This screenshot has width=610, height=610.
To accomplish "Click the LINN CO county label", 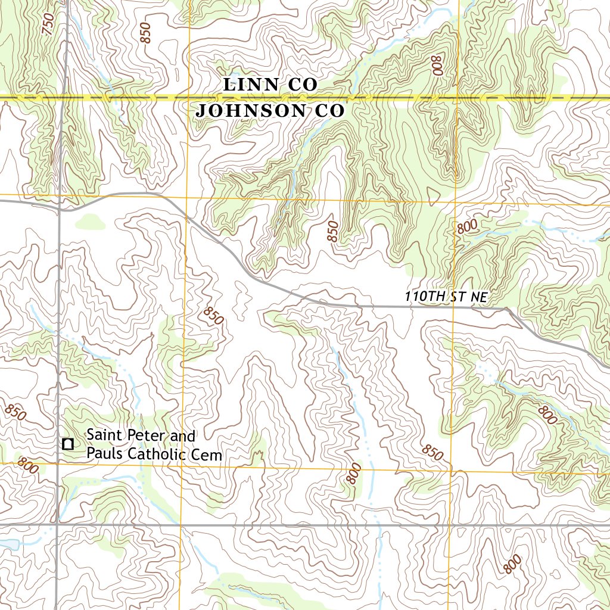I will click(x=270, y=85).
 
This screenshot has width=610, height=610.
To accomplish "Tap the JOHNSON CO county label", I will click(x=270, y=111).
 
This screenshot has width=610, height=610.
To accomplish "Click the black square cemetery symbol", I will click(x=68, y=443).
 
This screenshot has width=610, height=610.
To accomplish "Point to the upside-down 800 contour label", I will click(x=438, y=65).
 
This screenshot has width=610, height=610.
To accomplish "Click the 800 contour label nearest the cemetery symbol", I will click(x=27, y=465).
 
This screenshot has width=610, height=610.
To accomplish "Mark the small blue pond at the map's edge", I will click(x=8, y=544).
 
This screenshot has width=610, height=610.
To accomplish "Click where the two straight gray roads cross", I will click(x=58, y=525).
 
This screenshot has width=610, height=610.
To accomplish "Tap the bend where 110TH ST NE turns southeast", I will click(x=507, y=309).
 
